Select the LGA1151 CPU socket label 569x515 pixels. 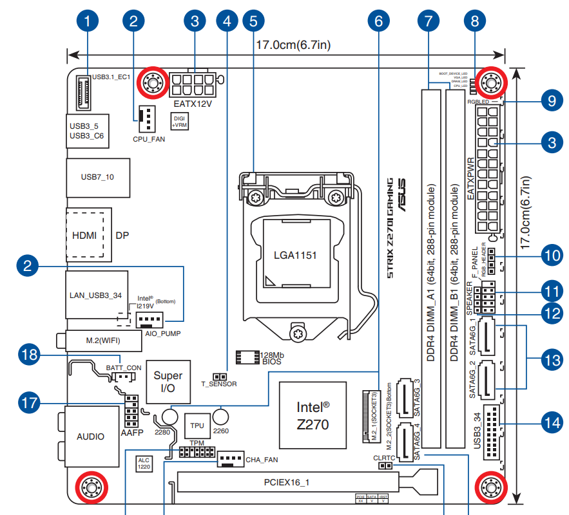click(x=295, y=255)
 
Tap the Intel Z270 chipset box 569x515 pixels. click(x=313, y=415)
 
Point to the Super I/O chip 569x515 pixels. click(x=168, y=382)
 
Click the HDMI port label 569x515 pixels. click(x=84, y=235)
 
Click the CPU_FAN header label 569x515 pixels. click(x=148, y=138)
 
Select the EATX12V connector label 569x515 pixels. click(x=193, y=103)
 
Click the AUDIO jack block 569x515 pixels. click(x=90, y=436)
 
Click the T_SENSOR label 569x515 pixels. click(x=219, y=384)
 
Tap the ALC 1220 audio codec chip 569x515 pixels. click(x=144, y=464)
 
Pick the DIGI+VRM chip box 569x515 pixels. click(x=178, y=121)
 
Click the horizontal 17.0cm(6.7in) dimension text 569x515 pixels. click(x=293, y=46)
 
